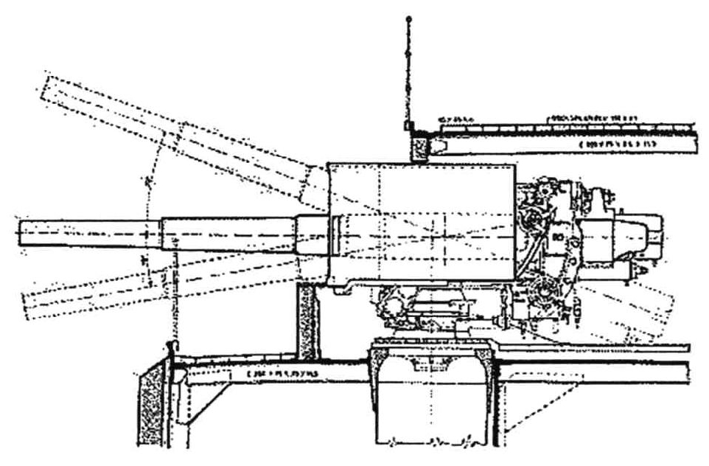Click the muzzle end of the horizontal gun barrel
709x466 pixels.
(21, 234)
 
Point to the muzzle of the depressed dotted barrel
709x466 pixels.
(28, 304)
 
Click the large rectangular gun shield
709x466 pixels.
(420, 221)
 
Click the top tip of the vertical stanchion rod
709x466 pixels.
(409, 18)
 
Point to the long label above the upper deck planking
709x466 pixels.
(590, 117)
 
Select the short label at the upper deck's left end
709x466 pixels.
(457, 118)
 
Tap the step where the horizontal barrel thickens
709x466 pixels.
(162, 234)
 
